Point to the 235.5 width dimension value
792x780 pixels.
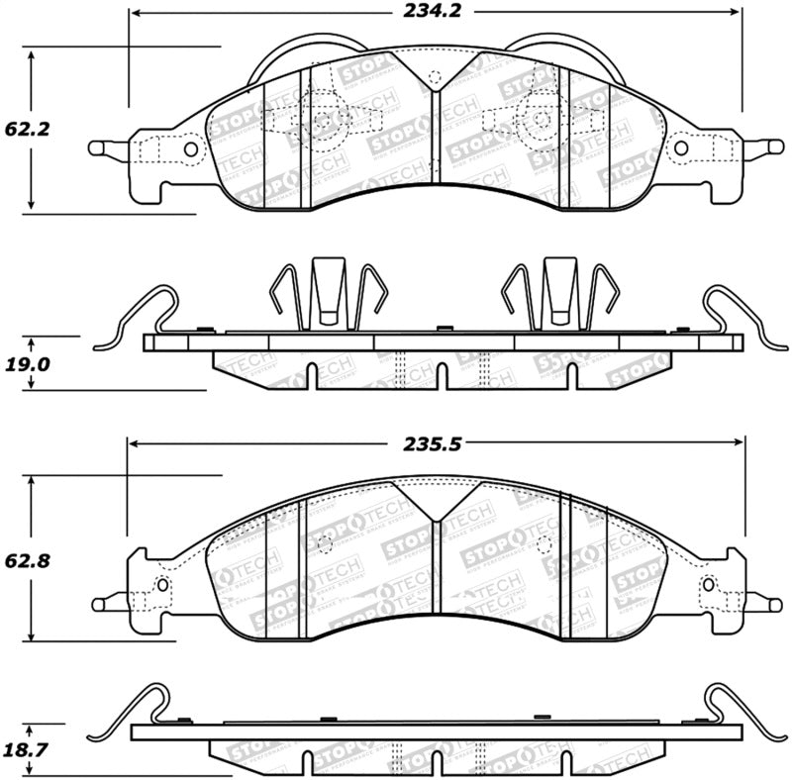(x=434, y=444)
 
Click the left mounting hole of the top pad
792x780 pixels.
(x=190, y=149)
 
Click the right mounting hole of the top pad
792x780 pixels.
(x=680, y=148)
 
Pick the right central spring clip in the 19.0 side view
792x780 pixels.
(x=559, y=292)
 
